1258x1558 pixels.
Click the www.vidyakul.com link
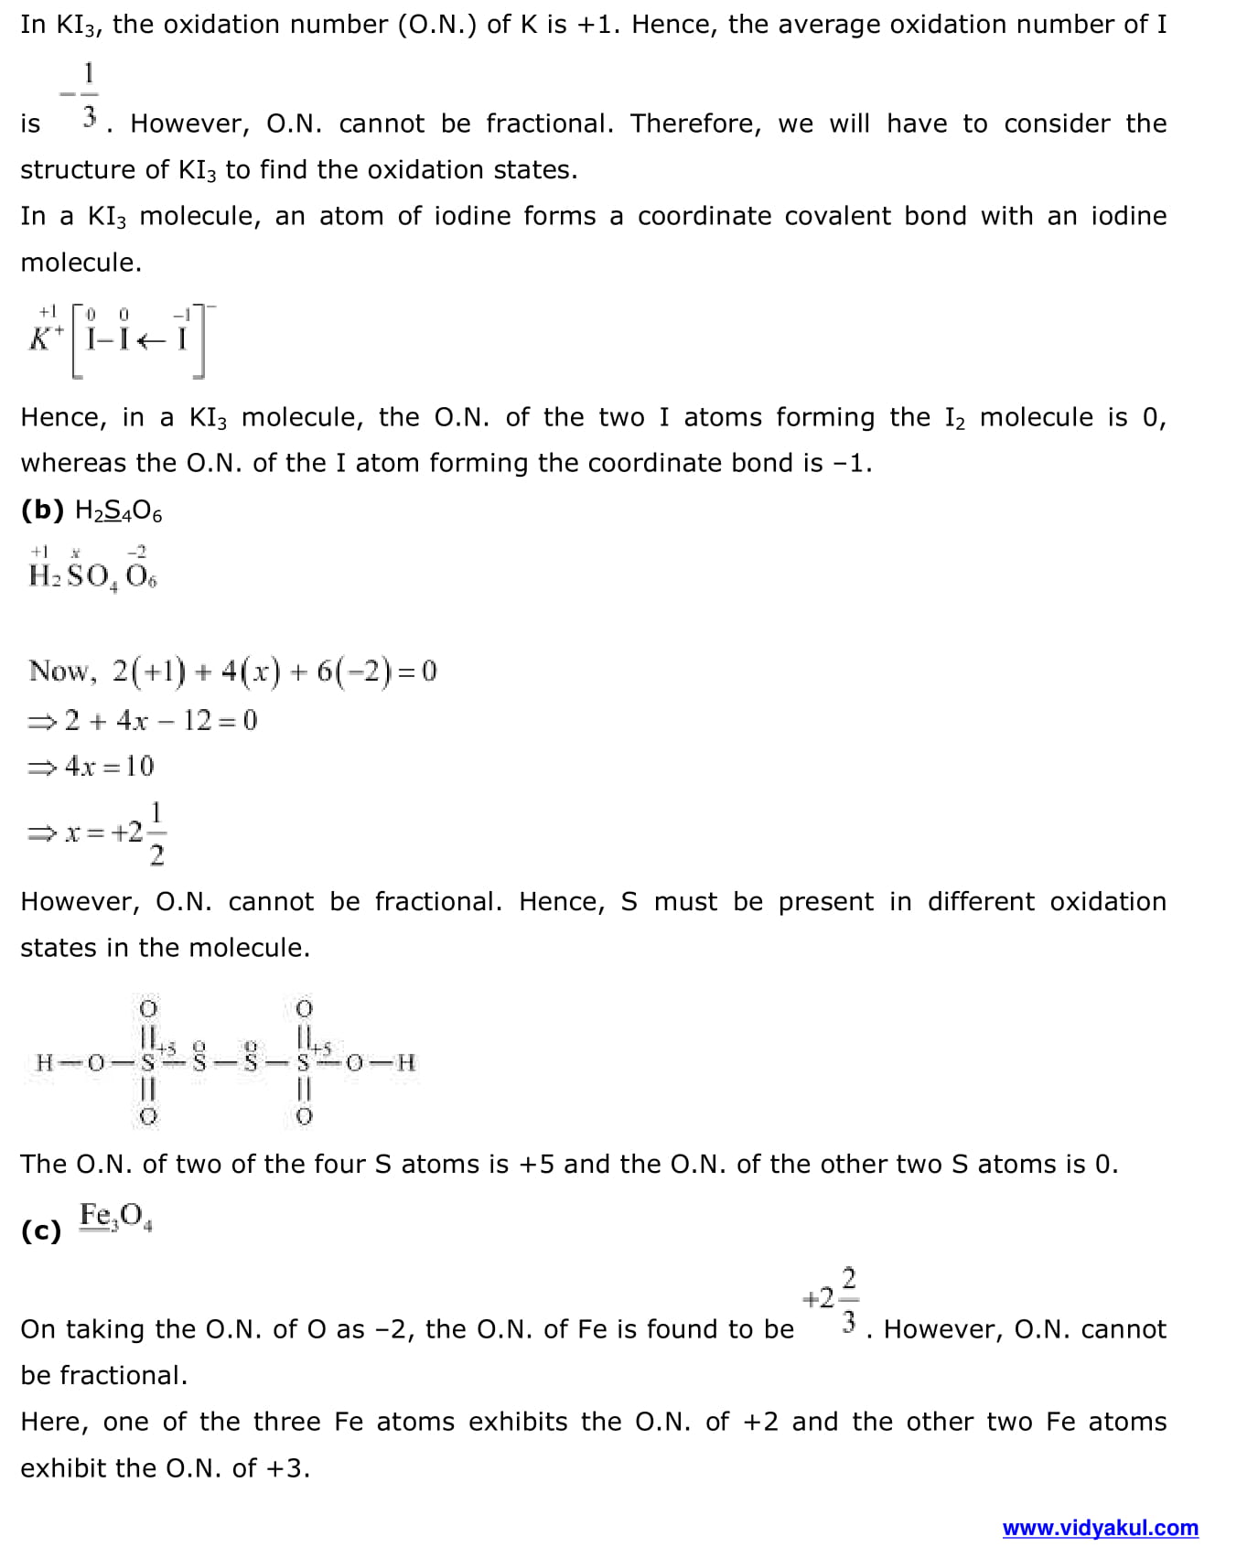(x=1100, y=1527)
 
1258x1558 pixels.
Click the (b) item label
(x=42, y=510)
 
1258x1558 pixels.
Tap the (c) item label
(x=41, y=1230)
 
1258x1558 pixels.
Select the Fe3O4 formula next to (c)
(x=115, y=1216)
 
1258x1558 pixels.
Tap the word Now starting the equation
(x=60, y=671)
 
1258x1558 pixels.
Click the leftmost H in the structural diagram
(x=44, y=1062)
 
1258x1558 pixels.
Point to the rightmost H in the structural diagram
(x=406, y=1062)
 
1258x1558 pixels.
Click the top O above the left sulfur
(x=147, y=1008)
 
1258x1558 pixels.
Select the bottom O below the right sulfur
(x=305, y=1116)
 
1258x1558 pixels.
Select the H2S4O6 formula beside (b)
(x=118, y=511)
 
